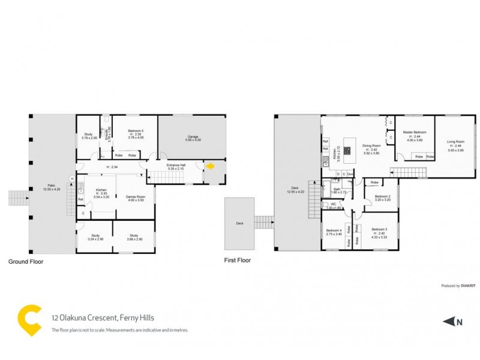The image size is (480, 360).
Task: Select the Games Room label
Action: [134, 197]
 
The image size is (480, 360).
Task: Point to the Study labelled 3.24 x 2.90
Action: [95, 237]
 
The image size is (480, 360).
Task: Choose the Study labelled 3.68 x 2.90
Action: [134, 237]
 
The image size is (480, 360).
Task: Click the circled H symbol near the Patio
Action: [72, 178]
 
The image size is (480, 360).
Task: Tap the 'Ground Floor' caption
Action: [25, 262]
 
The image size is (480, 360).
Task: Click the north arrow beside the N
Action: [449, 322]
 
